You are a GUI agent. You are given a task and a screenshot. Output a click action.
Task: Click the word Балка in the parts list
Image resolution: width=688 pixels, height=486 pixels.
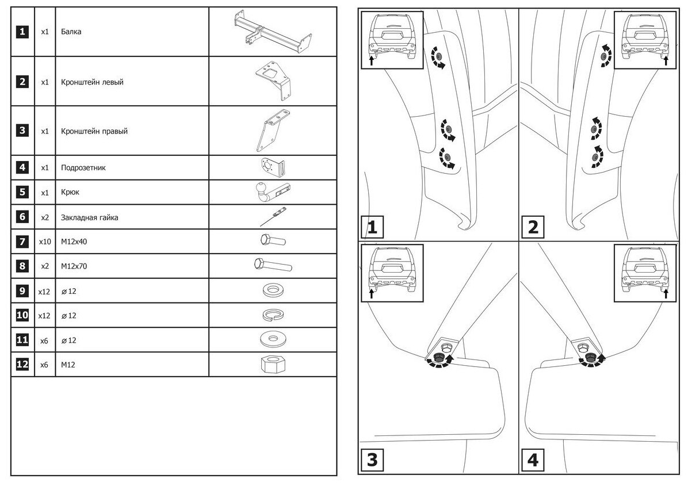[71, 32]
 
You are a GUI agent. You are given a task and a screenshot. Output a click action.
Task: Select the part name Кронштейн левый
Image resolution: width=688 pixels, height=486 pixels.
[92, 82]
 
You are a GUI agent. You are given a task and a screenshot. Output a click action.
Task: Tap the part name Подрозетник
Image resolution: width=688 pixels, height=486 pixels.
[83, 168]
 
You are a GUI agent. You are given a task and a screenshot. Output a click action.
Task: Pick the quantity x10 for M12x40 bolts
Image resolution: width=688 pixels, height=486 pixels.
[44, 242]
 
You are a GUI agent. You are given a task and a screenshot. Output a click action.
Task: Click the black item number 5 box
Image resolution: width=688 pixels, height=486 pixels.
[22, 193]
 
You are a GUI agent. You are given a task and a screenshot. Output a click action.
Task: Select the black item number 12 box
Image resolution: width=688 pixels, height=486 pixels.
[22, 365]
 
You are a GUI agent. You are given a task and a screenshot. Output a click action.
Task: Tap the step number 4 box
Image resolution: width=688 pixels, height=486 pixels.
[532, 460]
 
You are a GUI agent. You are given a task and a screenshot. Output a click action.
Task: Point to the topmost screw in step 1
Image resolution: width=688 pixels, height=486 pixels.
[438, 57]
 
